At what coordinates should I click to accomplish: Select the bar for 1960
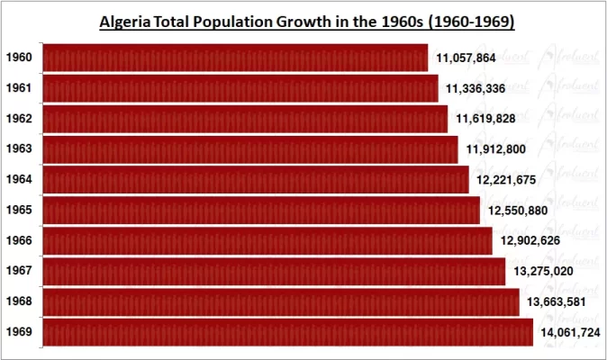tap(234, 58)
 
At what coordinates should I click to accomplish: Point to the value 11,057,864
tap(466, 58)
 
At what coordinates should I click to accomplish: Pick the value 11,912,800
tap(496, 149)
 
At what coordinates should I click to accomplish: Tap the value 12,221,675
tap(506, 180)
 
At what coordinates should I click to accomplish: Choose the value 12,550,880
tap(518, 211)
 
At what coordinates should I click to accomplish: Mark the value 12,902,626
tap(530, 240)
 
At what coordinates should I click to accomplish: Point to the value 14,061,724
tap(570, 333)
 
